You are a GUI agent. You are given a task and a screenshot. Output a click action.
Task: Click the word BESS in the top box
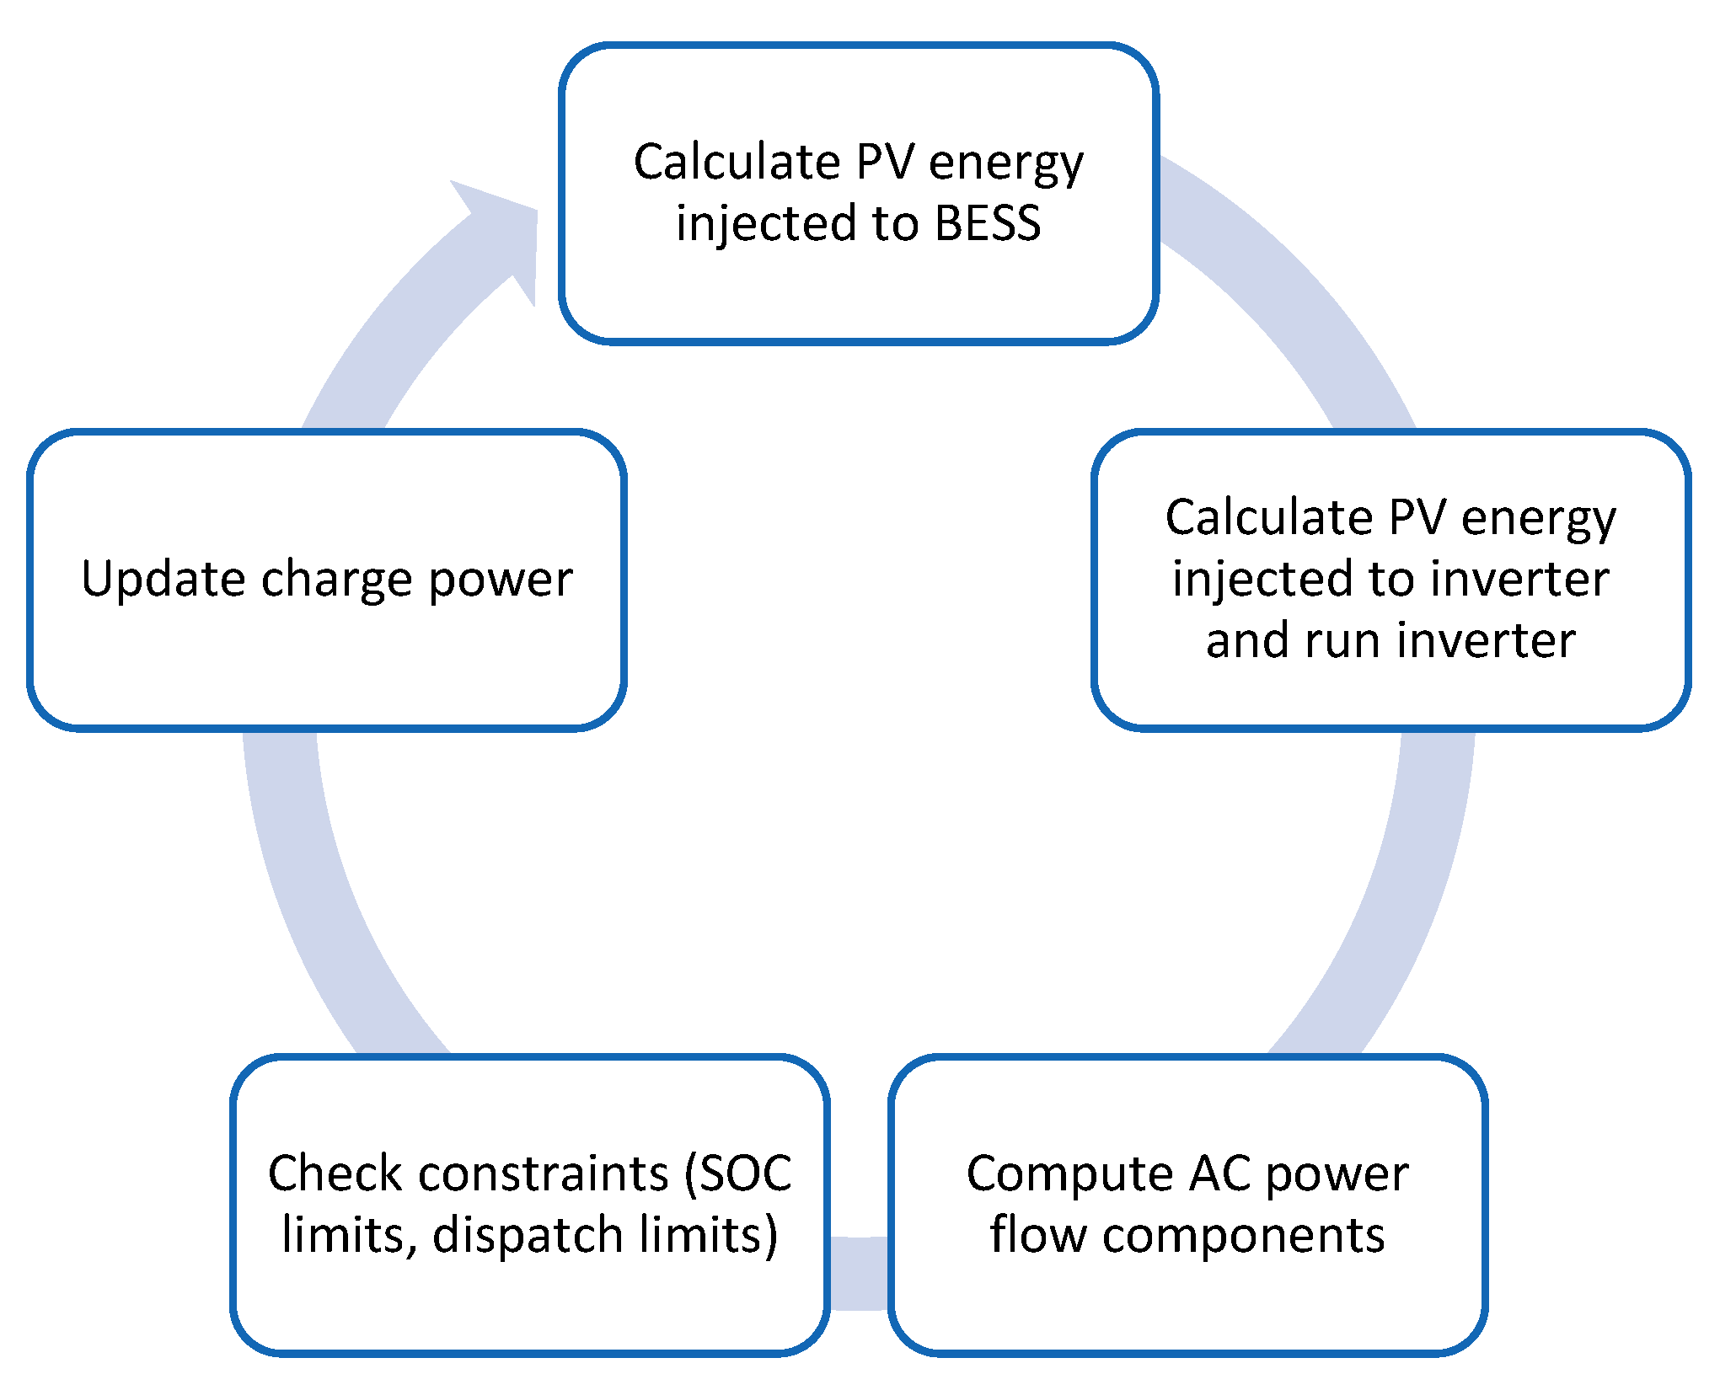(x=988, y=224)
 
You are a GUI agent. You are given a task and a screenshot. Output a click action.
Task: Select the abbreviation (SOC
(x=738, y=1174)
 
